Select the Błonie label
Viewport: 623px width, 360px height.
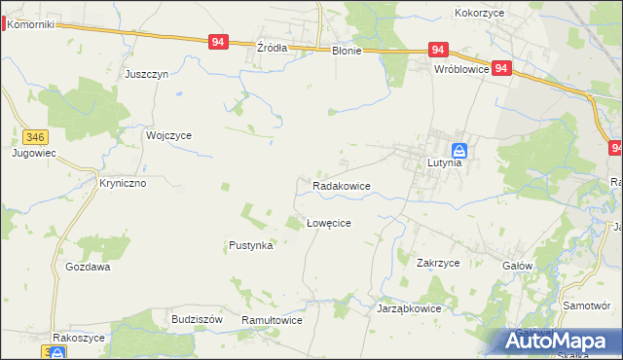coord(346,51)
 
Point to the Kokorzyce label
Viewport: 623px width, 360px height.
coord(478,14)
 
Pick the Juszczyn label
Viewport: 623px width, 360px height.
coord(147,74)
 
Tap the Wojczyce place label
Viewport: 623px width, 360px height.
coord(168,136)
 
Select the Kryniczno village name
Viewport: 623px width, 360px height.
coord(123,182)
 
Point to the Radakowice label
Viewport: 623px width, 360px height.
coord(341,185)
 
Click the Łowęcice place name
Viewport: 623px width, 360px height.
coord(329,223)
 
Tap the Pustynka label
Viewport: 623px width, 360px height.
coord(251,246)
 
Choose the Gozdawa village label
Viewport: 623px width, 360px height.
coord(88,267)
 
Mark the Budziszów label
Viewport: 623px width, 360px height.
coord(198,319)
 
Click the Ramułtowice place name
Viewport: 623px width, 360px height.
coord(272,320)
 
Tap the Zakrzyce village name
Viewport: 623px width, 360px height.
coord(438,263)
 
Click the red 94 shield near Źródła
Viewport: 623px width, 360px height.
coord(218,43)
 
